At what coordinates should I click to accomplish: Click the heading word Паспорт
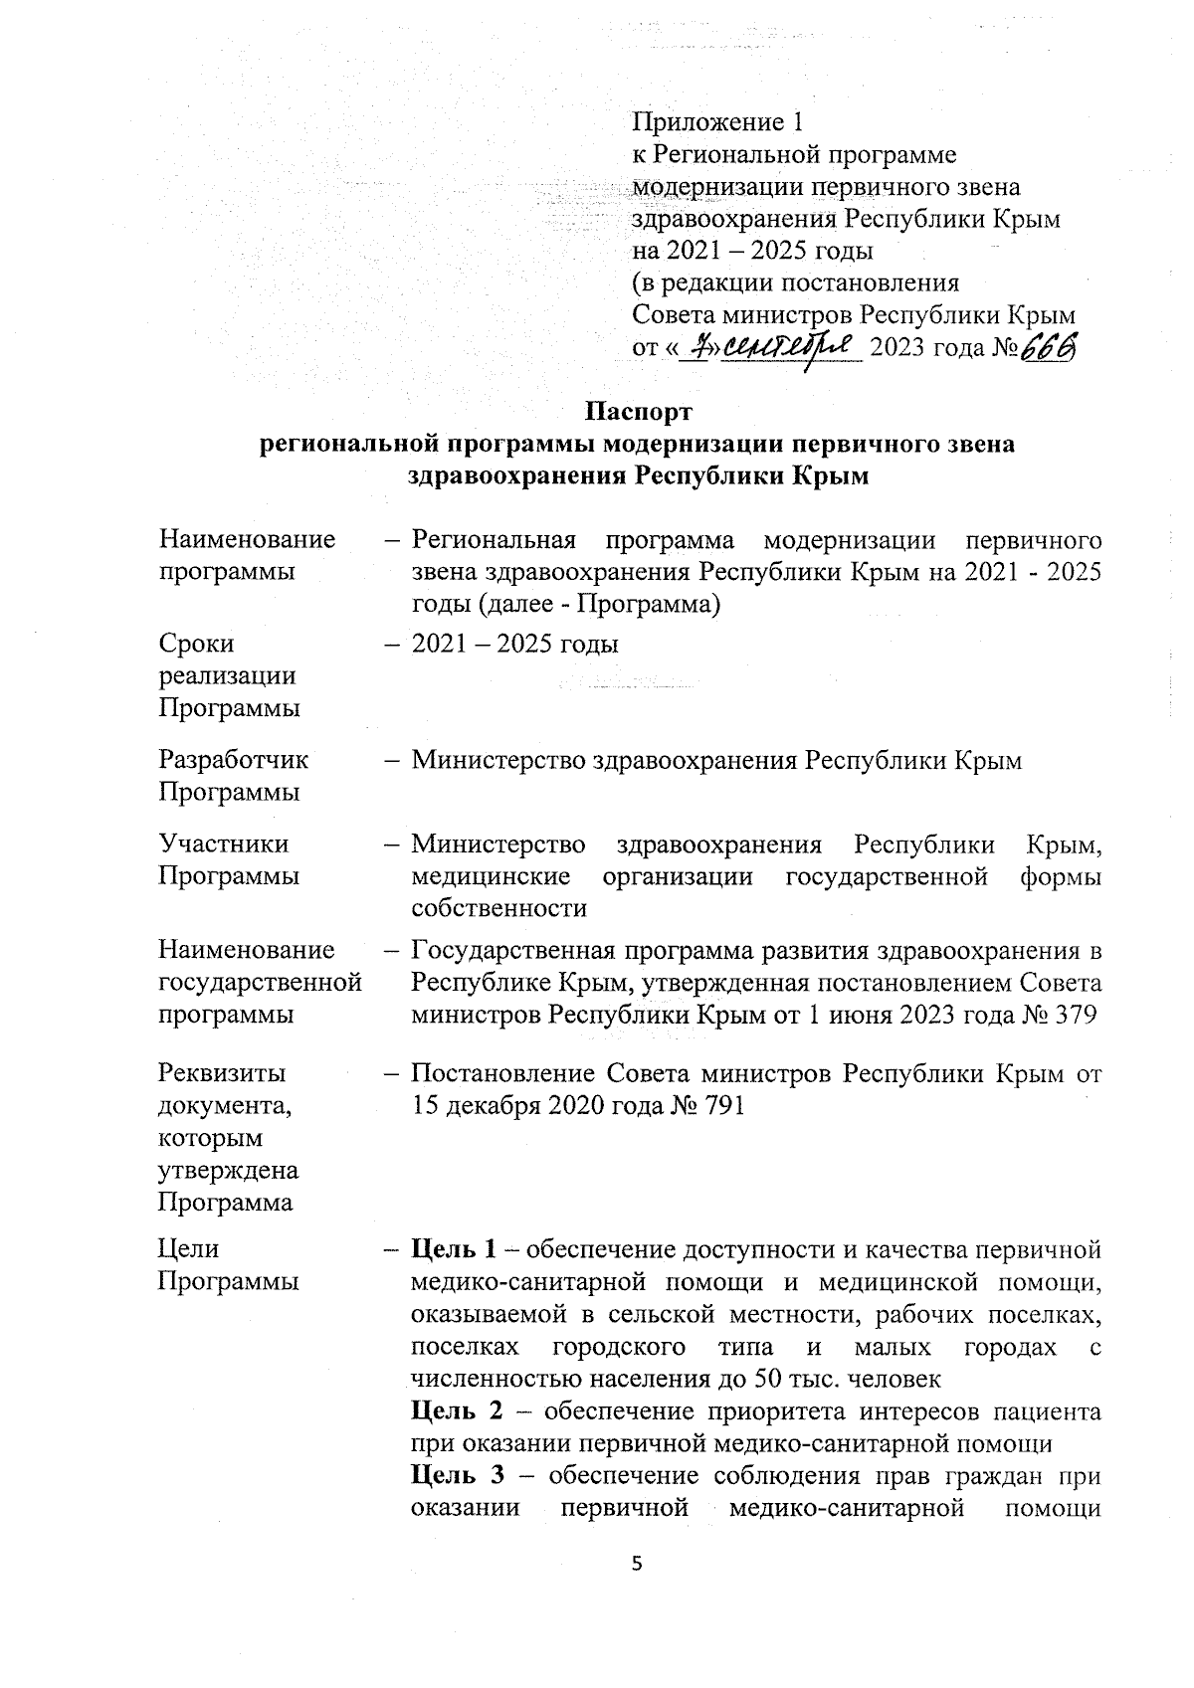[x=638, y=411]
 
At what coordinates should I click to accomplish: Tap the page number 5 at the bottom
[x=638, y=1564]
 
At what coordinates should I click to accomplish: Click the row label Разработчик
[x=234, y=760]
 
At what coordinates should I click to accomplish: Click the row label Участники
[x=224, y=844]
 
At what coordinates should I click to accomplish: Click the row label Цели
[x=189, y=1248]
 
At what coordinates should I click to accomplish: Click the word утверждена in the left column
[x=228, y=1170]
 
